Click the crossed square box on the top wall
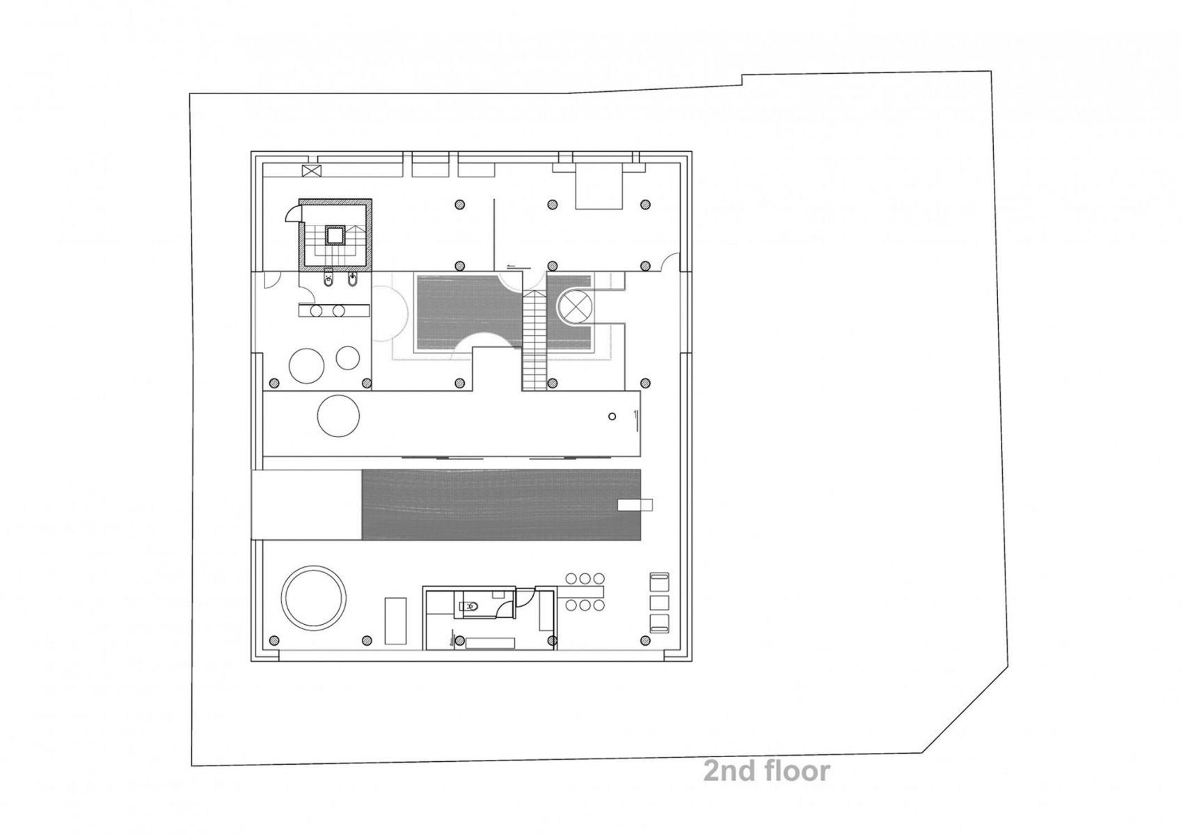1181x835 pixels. click(310, 170)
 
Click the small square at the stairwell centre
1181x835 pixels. click(335, 235)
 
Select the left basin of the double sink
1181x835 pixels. click(317, 311)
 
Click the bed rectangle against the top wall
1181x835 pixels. click(599, 186)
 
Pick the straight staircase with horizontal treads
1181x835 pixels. click(534, 340)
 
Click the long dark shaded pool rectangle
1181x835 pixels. click(501, 504)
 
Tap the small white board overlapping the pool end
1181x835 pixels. click(635, 505)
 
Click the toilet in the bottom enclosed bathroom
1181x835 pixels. click(468, 607)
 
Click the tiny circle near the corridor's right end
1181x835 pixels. click(612, 416)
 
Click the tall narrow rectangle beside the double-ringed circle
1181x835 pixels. click(395, 621)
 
